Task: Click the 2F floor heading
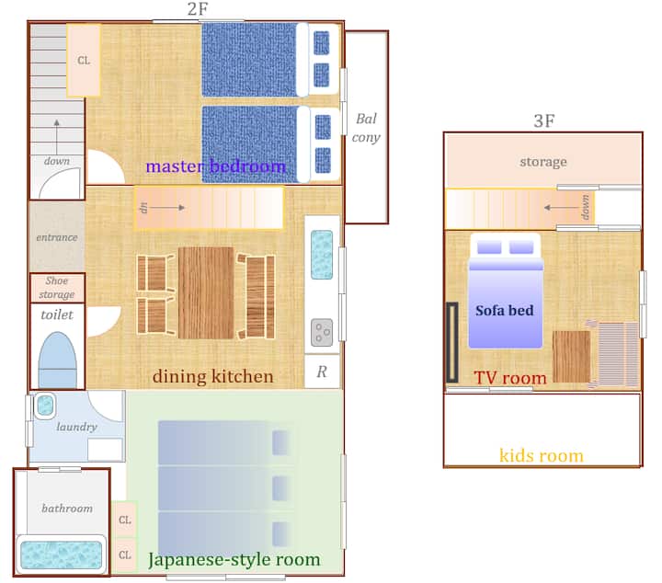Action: tap(198, 9)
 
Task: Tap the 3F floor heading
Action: tap(543, 121)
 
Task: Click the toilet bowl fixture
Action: tap(57, 360)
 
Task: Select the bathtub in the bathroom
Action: tap(62, 554)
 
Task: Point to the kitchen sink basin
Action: tap(322, 255)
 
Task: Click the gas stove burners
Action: tap(322, 333)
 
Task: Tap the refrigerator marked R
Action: tap(322, 372)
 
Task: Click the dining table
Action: tap(206, 292)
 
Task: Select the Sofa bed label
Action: tap(505, 311)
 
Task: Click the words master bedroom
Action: tap(216, 166)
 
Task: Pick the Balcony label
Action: tap(366, 128)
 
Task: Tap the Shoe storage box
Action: tap(57, 288)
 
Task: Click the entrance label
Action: tap(57, 237)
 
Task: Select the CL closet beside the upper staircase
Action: tap(84, 61)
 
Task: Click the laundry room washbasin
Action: tap(45, 405)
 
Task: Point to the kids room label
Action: tap(542, 456)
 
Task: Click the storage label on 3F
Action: tap(543, 162)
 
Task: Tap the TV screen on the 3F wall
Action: tap(452, 342)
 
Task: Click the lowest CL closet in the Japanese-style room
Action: tap(124, 554)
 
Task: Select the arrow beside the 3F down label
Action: tap(561, 207)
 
